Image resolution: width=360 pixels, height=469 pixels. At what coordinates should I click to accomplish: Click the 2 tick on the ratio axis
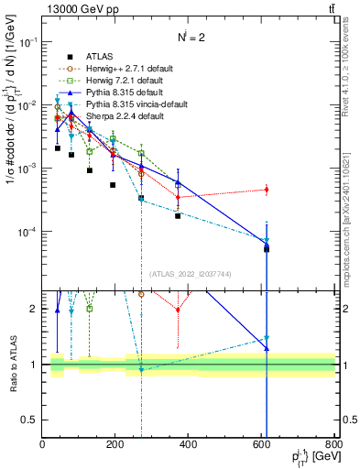[35, 309]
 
